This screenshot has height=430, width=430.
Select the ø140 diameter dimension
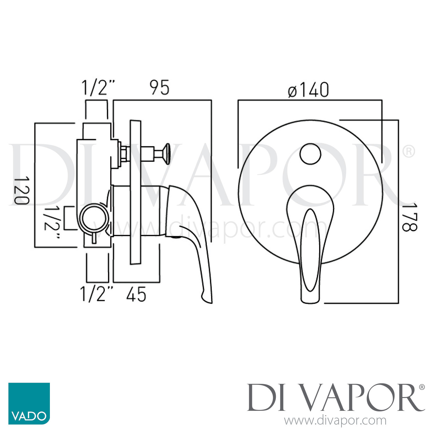pyautogui.click(x=308, y=90)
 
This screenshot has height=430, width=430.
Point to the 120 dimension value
pyautogui.click(x=22, y=190)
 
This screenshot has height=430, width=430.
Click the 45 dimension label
pyautogui.click(x=136, y=294)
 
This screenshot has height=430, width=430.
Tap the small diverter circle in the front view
pyautogui.click(x=310, y=154)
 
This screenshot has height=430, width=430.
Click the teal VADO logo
pyautogui.click(x=29, y=403)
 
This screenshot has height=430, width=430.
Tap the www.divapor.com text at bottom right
pyautogui.click(x=335, y=421)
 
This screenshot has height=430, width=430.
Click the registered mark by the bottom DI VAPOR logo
pyautogui.click(x=422, y=387)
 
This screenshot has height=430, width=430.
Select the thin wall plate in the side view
pyautogui.click(x=135, y=192)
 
